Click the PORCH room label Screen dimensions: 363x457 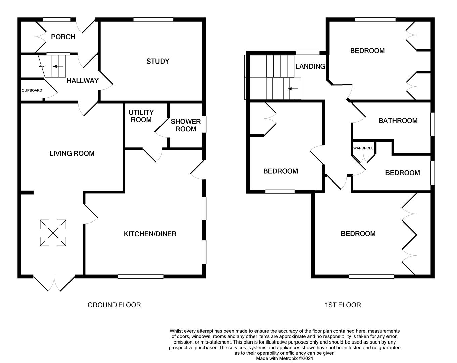[63, 37]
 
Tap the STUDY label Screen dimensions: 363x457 [157, 61]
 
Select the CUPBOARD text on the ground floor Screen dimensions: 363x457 [32, 90]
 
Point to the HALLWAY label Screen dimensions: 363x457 [83, 81]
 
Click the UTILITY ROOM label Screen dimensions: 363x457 [141, 116]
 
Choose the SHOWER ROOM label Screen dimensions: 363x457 [186, 125]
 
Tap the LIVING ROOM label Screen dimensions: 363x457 [72, 154]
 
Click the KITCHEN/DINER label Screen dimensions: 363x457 [150, 234]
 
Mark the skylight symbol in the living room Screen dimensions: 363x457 [53, 233]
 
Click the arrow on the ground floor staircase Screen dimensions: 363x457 [58, 67]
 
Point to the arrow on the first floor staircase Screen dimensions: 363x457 [293, 89]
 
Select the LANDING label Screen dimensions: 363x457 [310, 67]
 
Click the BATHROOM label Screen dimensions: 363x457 [398, 121]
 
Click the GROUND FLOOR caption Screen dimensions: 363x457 [114, 305]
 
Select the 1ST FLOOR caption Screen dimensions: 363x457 [343, 305]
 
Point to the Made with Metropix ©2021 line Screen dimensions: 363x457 [285, 358]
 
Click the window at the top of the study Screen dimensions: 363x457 [153, 19]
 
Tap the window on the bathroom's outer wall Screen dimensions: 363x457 [432, 124]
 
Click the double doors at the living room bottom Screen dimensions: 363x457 [54, 283]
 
